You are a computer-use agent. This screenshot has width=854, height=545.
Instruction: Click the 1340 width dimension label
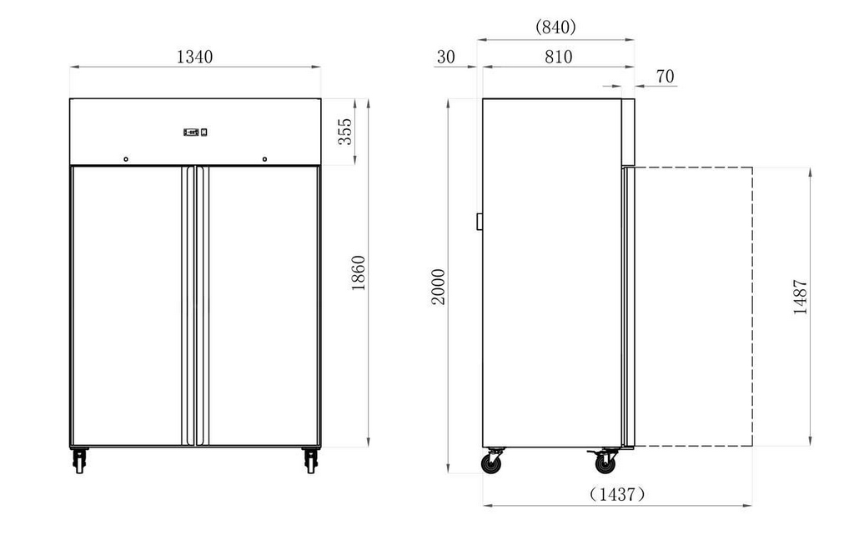click(x=194, y=57)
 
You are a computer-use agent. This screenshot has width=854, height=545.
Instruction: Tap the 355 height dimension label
click(x=345, y=131)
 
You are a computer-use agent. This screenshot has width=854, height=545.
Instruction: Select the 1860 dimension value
click(x=359, y=272)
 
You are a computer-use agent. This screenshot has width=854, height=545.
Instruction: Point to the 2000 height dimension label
click(x=439, y=287)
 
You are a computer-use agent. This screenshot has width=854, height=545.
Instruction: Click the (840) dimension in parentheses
click(x=555, y=27)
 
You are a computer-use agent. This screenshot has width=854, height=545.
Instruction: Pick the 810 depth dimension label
click(x=558, y=57)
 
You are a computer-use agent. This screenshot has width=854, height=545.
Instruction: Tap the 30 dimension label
click(x=445, y=57)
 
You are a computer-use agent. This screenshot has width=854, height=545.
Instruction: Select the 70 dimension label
click(x=665, y=76)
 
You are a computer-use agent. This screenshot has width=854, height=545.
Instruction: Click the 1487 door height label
click(x=800, y=297)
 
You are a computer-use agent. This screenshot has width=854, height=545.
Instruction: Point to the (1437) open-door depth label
click(x=617, y=494)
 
